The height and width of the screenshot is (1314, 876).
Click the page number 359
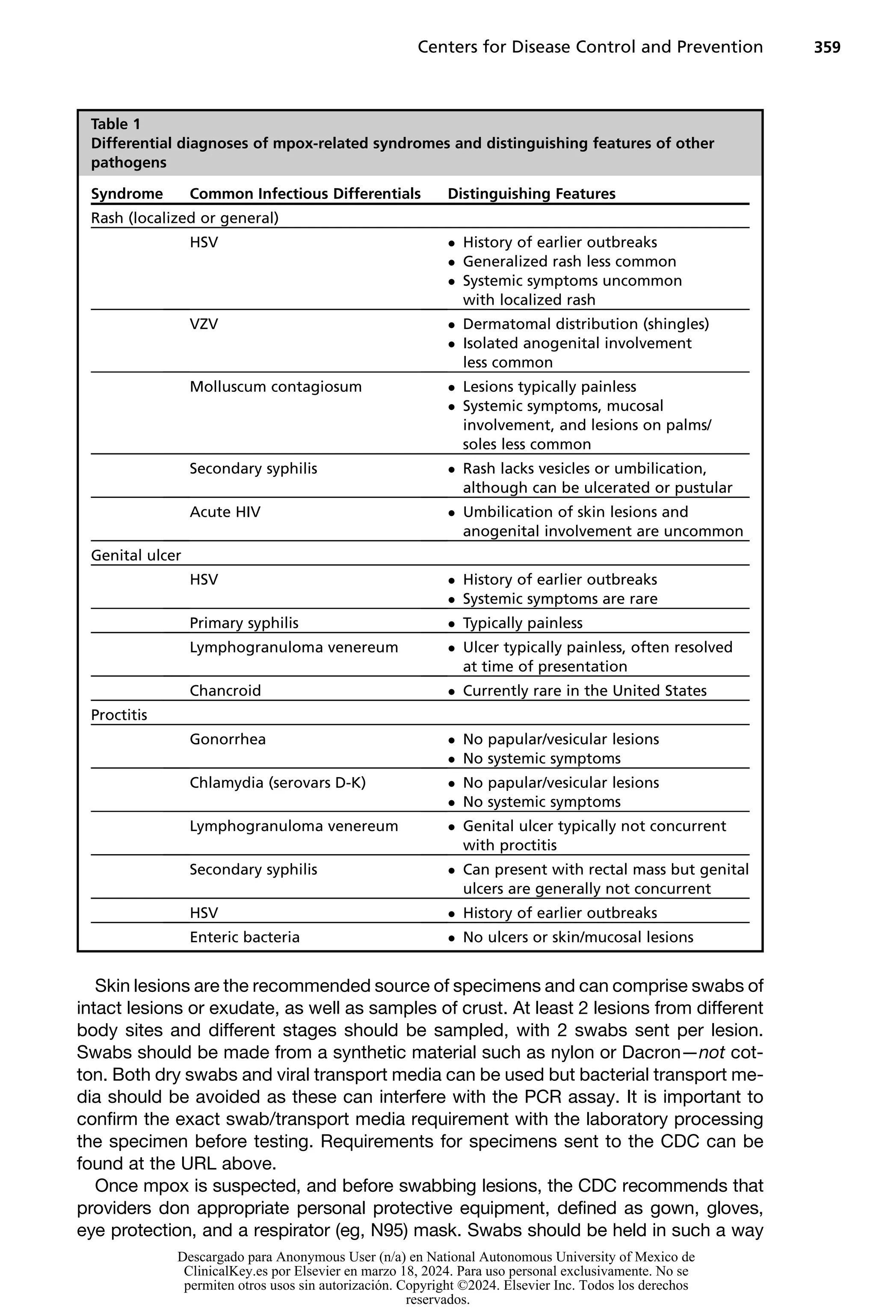click(826, 47)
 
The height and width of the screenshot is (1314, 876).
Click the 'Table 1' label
click(115, 124)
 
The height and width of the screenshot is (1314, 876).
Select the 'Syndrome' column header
click(127, 194)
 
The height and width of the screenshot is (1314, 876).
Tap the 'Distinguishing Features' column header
click(531, 194)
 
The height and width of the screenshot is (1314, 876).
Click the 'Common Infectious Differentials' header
click(305, 194)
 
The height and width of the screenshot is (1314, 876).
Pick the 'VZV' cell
click(204, 324)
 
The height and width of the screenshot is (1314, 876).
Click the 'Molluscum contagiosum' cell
click(275, 387)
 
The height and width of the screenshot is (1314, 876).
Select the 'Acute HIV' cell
click(225, 512)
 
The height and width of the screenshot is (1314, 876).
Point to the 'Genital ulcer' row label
click(136, 555)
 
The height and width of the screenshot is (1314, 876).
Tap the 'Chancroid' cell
click(225, 690)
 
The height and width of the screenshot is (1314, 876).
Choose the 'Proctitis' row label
click(119, 715)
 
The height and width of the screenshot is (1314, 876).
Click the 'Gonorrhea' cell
click(228, 739)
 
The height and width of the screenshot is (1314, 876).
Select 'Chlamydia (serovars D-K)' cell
click(278, 783)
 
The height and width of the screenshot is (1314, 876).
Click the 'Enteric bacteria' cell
click(244, 937)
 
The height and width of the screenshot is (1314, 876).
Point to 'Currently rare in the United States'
click(584, 690)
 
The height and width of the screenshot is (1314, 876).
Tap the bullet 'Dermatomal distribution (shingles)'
click(586, 324)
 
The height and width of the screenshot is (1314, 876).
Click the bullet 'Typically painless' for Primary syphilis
click(522, 623)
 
